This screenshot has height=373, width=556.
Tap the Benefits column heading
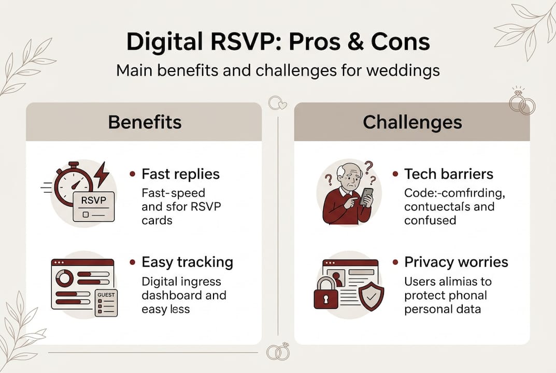145,122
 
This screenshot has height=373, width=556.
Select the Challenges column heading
412,122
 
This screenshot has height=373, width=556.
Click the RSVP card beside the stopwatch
93,206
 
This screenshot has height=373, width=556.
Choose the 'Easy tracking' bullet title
187,262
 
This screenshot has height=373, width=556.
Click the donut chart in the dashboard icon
65,278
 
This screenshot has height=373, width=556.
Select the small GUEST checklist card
106,303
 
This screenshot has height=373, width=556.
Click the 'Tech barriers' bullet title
449,174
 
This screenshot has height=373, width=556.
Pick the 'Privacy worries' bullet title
456,262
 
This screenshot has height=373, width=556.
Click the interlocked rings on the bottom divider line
278,352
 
